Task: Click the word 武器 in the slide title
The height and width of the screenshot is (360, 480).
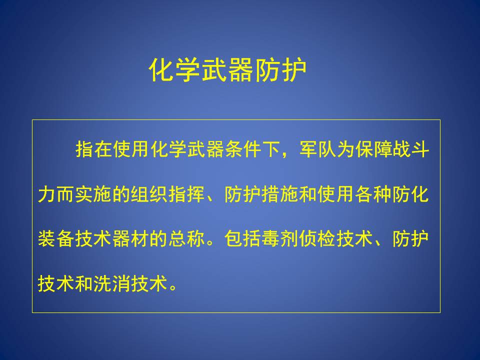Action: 227,70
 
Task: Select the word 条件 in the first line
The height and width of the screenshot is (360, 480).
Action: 243,149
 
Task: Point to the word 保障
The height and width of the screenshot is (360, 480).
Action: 373,149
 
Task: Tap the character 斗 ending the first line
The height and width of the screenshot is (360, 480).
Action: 420,149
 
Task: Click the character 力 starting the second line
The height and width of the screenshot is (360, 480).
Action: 47,194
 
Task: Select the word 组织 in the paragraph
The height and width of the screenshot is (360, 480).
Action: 149,194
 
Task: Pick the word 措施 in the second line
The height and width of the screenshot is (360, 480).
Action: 280,194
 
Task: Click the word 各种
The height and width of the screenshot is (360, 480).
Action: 373,194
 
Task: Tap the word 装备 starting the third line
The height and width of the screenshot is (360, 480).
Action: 56,239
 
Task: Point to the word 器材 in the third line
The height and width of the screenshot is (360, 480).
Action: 130,239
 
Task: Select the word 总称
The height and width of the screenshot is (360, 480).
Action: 186,239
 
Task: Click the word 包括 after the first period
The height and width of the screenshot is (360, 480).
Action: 243,239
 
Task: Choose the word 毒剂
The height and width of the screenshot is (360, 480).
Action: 280,239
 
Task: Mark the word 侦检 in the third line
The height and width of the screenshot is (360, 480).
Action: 317,239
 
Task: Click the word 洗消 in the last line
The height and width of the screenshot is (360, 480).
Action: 112,283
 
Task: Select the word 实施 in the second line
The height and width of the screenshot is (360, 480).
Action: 93,194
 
